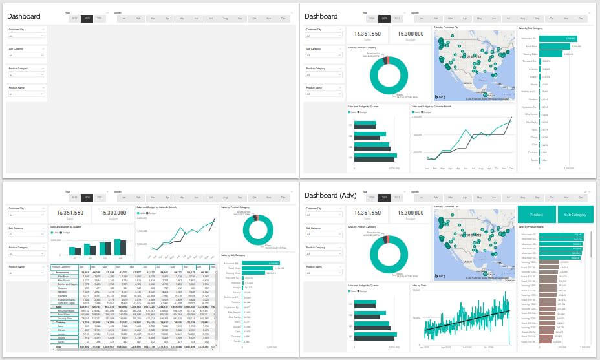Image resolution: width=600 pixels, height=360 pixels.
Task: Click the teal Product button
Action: click(537, 213)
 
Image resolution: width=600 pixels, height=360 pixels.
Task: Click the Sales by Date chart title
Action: click(420, 284)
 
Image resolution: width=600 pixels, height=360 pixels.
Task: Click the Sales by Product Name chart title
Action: click(530, 227)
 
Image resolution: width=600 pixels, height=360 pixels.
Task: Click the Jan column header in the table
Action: click(83, 266)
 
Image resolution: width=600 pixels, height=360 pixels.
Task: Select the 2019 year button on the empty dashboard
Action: click(74, 18)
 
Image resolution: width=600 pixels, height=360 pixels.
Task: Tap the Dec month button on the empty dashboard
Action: click(283, 18)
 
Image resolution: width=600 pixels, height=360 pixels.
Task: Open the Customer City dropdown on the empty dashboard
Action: click(26, 36)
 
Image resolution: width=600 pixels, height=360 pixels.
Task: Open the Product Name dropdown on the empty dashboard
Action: click(26, 94)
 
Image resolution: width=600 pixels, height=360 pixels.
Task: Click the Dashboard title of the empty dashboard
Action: click(23, 16)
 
